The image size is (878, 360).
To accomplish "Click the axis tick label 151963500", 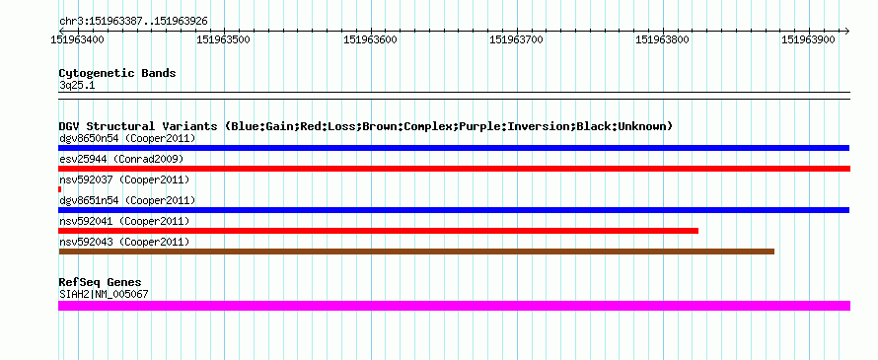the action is coord(224,39).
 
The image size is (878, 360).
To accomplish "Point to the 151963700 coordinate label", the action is coord(516,39).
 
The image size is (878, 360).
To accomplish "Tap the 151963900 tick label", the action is coord(809,39).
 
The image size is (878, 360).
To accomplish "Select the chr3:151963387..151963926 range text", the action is coord(133,22).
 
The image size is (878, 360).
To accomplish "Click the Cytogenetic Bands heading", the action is coord(117,73).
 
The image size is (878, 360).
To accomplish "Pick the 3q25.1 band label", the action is coord(77,85).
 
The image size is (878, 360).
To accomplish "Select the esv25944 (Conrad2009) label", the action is coord(121,159).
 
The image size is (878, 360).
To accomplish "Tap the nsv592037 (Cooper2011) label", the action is coord(124,180).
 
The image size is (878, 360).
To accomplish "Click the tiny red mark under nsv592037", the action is coord(60,189).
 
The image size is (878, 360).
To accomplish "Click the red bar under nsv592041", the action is coord(379,231).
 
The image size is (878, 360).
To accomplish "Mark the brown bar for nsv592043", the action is coord(416,252).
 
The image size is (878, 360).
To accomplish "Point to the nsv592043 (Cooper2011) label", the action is coord(124,242).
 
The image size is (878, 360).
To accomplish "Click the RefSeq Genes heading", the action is coord(101,282).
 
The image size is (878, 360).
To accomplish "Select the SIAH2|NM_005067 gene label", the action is coord(104,294).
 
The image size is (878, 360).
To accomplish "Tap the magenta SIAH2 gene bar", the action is coord(454,305).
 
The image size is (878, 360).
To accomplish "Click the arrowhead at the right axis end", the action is coord(847,31).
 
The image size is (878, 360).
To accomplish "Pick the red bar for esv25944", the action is coord(454,169).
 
